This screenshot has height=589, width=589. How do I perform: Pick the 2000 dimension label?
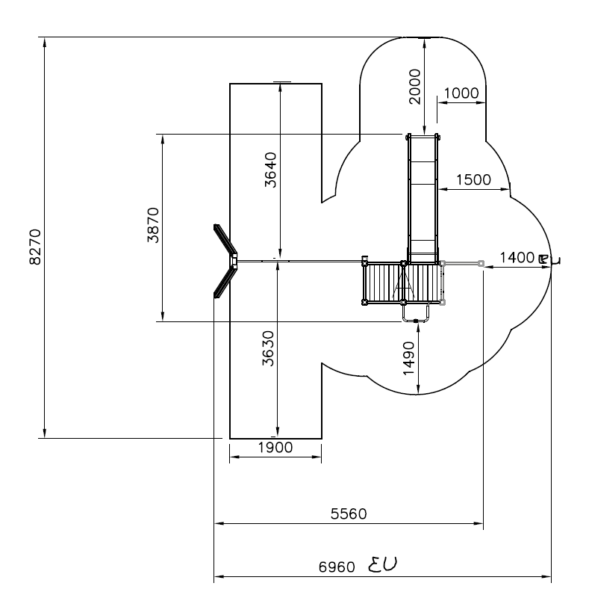point(416,85)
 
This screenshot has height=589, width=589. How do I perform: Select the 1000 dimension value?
point(460,93)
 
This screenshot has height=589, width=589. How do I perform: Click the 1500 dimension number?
point(472,179)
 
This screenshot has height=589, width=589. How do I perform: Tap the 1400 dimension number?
point(517,257)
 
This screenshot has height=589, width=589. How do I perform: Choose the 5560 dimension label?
point(349,514)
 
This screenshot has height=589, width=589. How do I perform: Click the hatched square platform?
point(384,283)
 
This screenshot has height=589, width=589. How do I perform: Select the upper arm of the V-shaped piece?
point(225,239)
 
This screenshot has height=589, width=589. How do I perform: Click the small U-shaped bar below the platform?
point(415,315)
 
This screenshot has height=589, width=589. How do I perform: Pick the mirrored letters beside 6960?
point(385,563)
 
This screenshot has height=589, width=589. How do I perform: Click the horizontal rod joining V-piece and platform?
point(299,261)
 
